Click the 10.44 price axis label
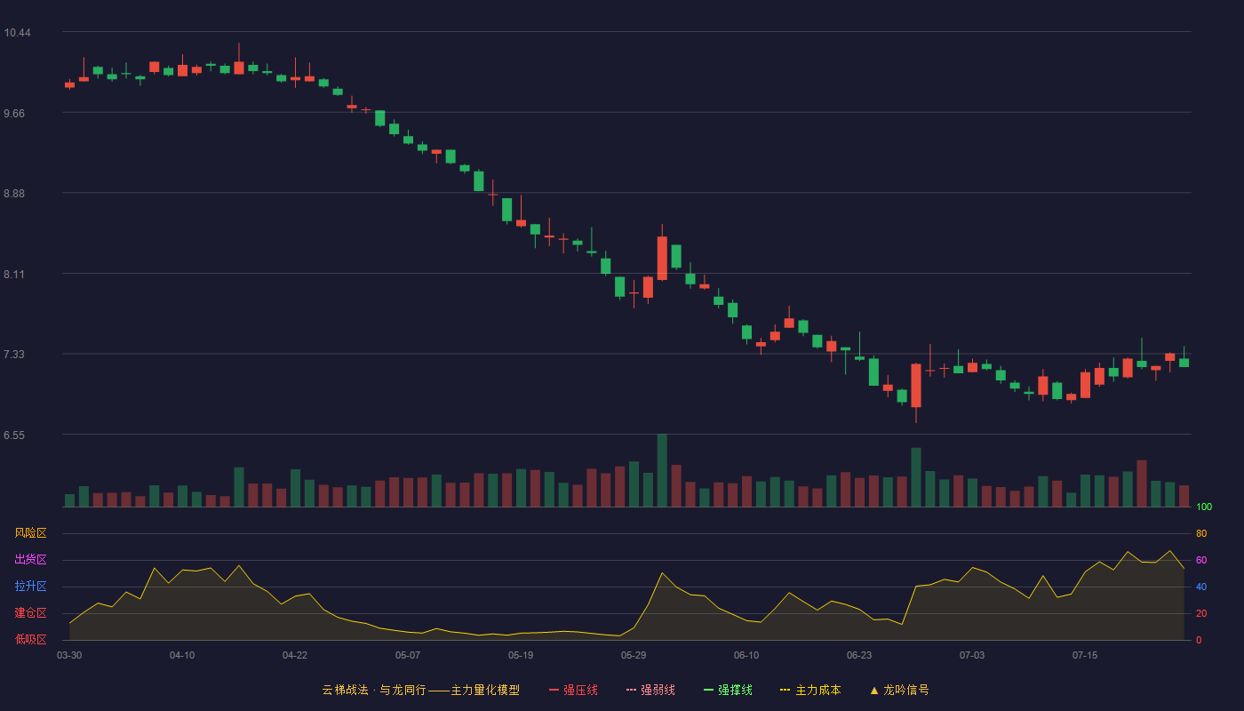pyautogui.click(x=17, y=33)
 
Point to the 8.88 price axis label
pyautogui.click(x=14, y=194)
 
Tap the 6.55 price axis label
pyautogui.click(x=14, y=435)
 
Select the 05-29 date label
pyautogui.click(x=634, y=656)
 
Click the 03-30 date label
pyautogui.click(x=69, y=656)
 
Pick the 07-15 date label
pyautogui.click(x=1085, y=656)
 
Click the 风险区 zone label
pyautogui.click(x=30, y=533)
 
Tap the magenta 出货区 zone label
pyautogui.click(x=30, y=559)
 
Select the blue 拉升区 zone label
pyautogui.click(x=30, y=586)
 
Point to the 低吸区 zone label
pyautogui.click(x=30, y=639)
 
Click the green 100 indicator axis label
pyautogui.click(x=1204, y=507)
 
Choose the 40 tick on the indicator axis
pyautogui.click(x=1201, y=587)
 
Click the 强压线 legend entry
pyautogui.click(x=573, y=690)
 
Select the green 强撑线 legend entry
pyautogui.click(x=728, y=690)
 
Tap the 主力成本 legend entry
pyautogui.click(x=810, y=690)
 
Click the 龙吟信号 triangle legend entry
pyautogui.click(x=899, y=690)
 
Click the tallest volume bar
pyautogui.click(x=662, y=470)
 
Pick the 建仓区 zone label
pyautogui.click(x=30, y=612)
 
